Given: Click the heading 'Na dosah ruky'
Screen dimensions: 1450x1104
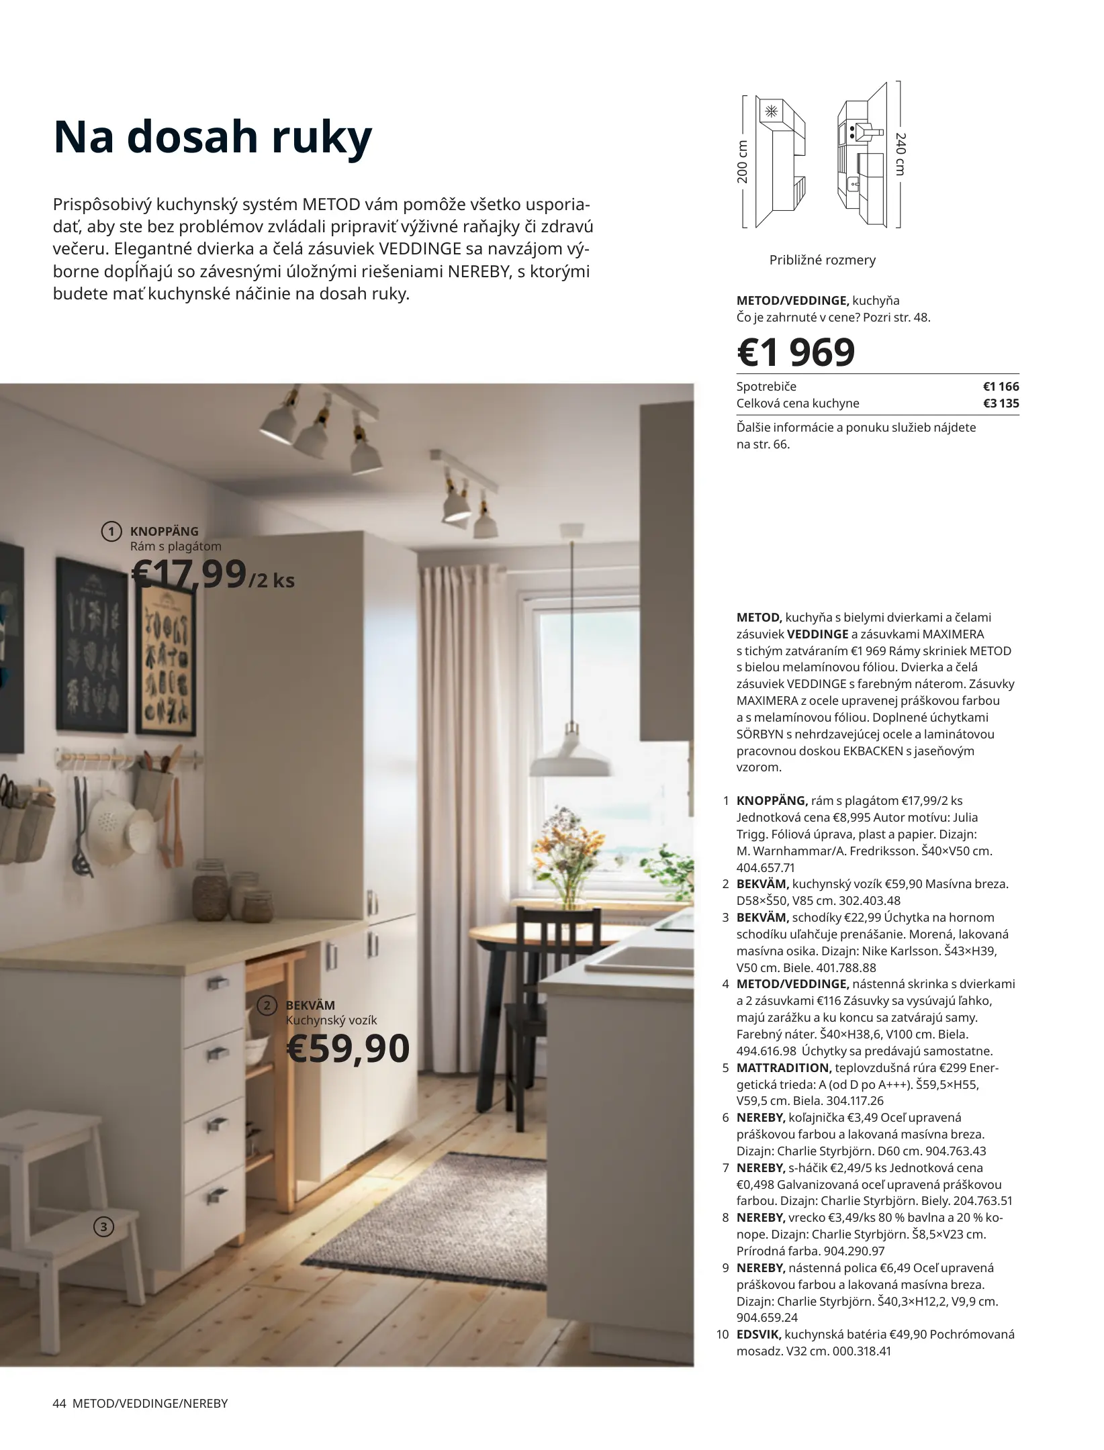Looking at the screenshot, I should [212, 138].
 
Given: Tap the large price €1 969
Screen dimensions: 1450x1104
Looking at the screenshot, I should [796, 352].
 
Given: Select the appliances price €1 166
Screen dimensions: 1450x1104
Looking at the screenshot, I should [1001, 387].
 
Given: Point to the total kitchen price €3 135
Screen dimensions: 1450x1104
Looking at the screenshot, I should [1001, 403].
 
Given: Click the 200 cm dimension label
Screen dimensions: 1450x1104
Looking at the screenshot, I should [742, 162].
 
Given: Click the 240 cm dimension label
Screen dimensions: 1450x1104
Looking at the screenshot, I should [901, 154].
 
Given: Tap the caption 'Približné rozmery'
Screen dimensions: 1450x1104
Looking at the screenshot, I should [822, 260].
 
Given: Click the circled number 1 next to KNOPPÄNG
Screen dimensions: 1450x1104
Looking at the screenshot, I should [111, 532].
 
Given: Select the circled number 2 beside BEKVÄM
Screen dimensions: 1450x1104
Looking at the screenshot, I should [267, 1005].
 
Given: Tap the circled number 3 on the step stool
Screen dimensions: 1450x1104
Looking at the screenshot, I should [103, 1227].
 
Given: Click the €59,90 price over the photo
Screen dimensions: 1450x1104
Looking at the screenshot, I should [348, 1049].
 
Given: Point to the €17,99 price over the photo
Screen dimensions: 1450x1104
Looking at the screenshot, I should [189, 575].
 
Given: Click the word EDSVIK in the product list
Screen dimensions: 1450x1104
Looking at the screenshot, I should [758, 1335].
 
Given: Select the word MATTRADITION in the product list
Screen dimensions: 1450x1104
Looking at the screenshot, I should [784, 1067].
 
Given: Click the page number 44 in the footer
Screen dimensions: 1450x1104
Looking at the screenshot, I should [58, 1403].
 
